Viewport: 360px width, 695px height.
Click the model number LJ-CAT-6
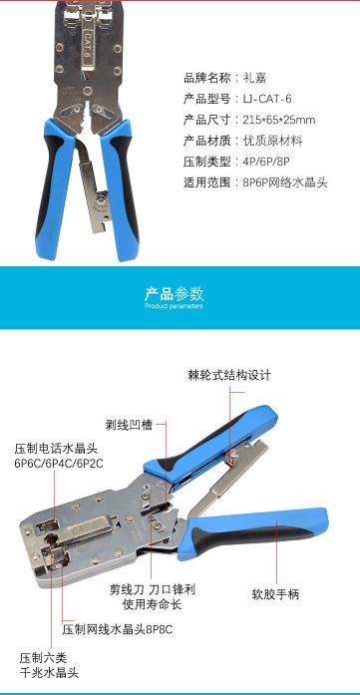pyautogui.click(x=267, y=99)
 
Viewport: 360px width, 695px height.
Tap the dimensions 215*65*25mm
pyautogui.click(x=279, y=120)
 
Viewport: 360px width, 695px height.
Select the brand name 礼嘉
pyautogui.click(x=254, y=78)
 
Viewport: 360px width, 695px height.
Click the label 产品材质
pyautogui.click(x=207, y=141)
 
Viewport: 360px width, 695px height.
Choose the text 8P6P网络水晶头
pyautogui.click(x=285, y=182)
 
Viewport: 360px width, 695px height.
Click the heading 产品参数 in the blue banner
pyautogui.click(x=174, y=293)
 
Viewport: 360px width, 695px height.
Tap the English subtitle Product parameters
pyautogui.click(x=174, y=306)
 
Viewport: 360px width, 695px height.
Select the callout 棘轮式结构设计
pyautogui.click(x=229, y=376)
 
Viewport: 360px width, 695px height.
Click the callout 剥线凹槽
pyautogui.click(x=129, y=425)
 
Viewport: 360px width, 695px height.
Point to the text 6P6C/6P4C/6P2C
pyautogui.click(x=59, y=464)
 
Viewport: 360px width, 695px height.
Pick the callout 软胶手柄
pyautogui.click(x=275, y=594)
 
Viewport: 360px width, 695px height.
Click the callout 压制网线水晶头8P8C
pyautogui.click(x=118, y=629)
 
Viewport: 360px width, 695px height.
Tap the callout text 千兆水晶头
pyautogui.click(x=49, y=672)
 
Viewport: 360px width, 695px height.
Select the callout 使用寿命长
pyautogui.click(x=152, y=604)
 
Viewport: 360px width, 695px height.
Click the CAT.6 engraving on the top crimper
pyautogui.click(x=88, y=46)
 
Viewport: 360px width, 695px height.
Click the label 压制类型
pyautogui.click(x=207, y=162)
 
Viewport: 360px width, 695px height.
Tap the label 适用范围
pyautogui.click(x=207, y=182)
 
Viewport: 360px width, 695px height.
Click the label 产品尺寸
pyautogui.click(x=207, y=120)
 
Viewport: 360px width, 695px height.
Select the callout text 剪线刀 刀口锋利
pyautogui.click(x=152, y=589)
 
